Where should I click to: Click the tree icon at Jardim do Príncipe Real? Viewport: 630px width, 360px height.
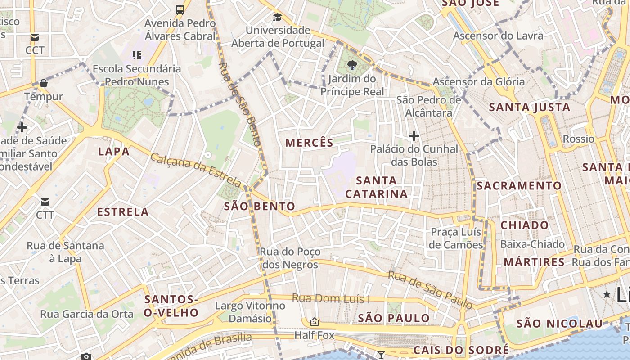(x=352, y=66)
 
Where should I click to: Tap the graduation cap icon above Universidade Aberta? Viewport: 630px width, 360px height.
(x=277, y=18)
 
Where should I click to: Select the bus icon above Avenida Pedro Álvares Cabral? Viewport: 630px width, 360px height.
(x=180, y=9)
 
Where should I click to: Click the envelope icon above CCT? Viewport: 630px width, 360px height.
(x=35, y=37)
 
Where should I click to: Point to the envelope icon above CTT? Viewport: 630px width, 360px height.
(x=45, y=202)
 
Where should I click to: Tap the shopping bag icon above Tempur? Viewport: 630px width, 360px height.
(x=44, y=83)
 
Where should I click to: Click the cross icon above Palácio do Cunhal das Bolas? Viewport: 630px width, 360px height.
(x=414, y=135)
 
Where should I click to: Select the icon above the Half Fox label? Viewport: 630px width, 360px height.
(x=315, y=322)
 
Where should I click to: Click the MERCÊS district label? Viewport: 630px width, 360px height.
(x=310, y=143)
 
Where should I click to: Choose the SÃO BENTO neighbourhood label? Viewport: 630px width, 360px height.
(x=260, y=207)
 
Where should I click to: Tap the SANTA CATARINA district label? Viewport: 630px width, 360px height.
(x=376, y=187)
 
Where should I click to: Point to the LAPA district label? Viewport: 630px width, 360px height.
(x=114, y=151)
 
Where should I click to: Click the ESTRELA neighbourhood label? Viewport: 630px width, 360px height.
(x=123, y=212)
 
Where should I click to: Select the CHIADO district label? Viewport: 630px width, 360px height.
(x=525, y=225)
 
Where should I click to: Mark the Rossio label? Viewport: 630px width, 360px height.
(x=578, y=139)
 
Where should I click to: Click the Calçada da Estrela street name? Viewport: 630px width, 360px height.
(x=196, y=170)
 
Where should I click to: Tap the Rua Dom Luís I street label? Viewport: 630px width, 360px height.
(x=331, y=298)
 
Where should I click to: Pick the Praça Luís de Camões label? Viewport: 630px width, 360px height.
(x=456, y=238)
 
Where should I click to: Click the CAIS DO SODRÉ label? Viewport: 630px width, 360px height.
(x=461, y=350)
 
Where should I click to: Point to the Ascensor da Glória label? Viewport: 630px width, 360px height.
(x=478, y=81)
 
